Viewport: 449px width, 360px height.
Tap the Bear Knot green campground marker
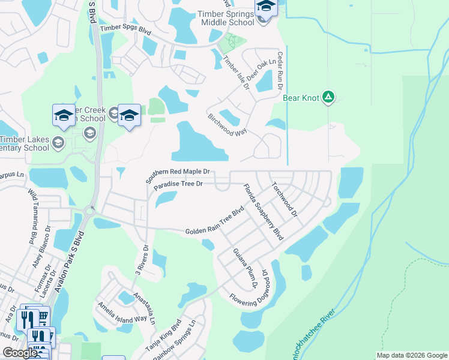328,97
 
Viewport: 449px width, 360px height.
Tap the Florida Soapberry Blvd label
262,213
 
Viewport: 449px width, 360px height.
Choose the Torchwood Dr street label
285,199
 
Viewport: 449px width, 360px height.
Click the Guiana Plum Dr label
245,268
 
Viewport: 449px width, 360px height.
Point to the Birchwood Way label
228,123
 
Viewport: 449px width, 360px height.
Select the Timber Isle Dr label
235,72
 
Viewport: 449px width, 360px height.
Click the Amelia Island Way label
123,310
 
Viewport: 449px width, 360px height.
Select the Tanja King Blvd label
162,339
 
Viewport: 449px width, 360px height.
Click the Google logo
20,353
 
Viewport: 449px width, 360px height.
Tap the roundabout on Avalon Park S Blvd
91,211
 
